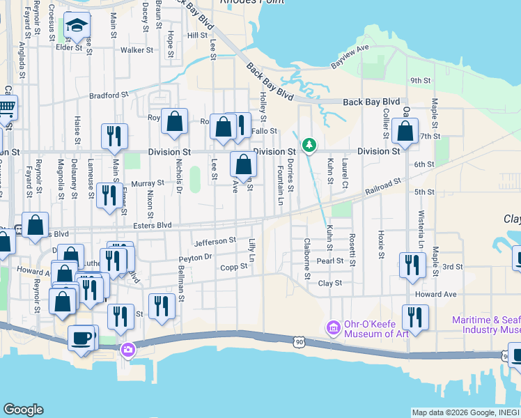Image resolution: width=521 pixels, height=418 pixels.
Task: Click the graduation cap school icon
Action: (75, 28)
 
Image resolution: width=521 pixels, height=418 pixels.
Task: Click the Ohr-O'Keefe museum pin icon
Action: (334, 327)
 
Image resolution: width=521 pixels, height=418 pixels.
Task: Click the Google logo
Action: (23, 410)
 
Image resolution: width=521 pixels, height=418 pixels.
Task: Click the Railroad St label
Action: (384, 186)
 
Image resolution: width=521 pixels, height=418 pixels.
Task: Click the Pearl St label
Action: (330, 261)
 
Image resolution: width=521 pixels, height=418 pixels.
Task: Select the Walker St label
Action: (137, 50)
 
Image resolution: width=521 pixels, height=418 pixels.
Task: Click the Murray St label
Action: (147, 184)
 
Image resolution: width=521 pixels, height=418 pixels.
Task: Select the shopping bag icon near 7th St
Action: (405, 130)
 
